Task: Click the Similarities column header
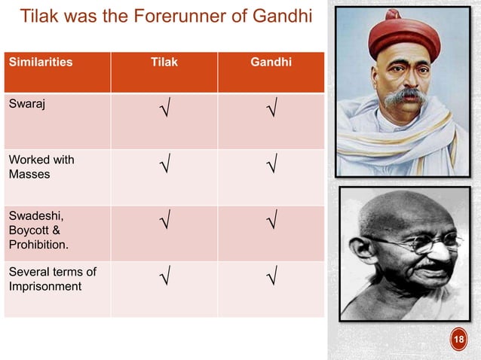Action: [x=40, y=63]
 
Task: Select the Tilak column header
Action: [x=164, y=63]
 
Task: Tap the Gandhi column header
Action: [x=271, y=63]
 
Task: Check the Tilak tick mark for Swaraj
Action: [x=164, y=114]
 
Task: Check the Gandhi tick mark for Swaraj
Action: [x=271, y=114]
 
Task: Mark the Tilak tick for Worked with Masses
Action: [x=164, y=164]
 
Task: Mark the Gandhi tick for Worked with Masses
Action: [x=271, y=164]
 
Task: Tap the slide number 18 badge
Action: [x=458, y=341]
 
